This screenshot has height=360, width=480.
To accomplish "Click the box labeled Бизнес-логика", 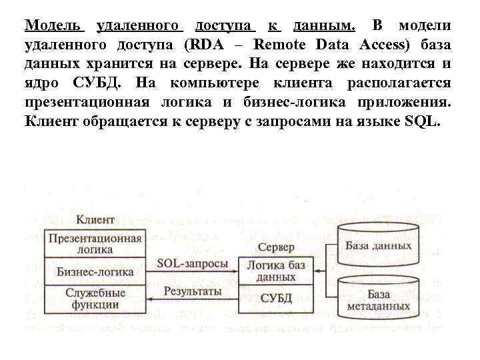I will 95,272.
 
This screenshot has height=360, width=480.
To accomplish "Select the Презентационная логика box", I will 95,243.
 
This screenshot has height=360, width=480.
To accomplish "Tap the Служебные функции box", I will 95,299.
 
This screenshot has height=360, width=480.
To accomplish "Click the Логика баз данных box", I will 276,270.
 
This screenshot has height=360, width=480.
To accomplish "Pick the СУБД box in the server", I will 276,297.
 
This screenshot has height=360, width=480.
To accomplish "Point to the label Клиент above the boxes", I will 95,219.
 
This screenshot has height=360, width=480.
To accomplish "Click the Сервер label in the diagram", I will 276,247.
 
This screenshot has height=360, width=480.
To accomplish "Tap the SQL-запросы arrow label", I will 192,263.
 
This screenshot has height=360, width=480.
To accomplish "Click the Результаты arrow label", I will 192,291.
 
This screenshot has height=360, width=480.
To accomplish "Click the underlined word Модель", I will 54,26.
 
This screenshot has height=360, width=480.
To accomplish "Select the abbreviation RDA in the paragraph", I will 214,45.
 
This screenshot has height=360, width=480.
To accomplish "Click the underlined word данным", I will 324,26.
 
